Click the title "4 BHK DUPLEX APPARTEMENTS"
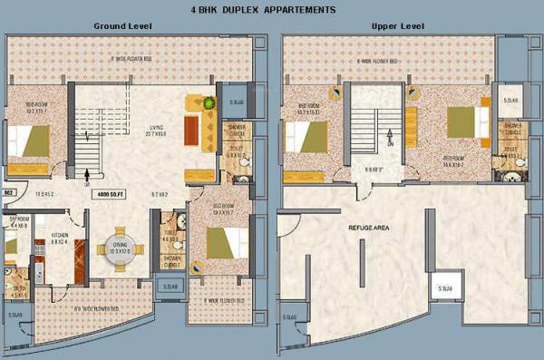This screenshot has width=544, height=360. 271,9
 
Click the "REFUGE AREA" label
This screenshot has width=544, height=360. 368,227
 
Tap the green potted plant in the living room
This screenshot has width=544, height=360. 209,102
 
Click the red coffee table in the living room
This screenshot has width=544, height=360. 191,132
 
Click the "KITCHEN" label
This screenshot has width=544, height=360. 61,234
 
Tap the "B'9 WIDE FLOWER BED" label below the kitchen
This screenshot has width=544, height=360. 98,307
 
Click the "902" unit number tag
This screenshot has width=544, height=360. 8,194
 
